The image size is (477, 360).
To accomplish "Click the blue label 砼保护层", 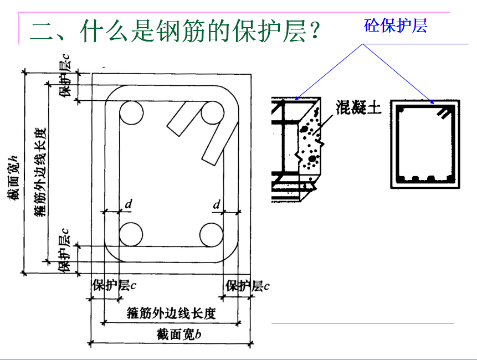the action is [x=396, y=25].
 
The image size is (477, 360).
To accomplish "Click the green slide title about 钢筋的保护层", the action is [x=175, y=32].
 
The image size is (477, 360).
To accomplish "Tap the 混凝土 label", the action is [x=358, y=107].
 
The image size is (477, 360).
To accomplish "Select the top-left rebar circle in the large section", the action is [x=131, y=113].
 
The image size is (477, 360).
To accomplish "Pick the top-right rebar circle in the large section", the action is [x=212, y=113].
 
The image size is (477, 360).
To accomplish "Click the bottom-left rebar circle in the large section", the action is [x=131, y=234].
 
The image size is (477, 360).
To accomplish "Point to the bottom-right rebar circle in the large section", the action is [x=212, y=234].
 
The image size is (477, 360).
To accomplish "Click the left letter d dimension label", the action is [x=129, y=204].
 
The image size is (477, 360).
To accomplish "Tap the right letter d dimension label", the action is [x=216, y=204].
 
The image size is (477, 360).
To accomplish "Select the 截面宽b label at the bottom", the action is [x=179, y=335].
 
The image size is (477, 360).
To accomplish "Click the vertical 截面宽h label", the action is [x=13, y=178].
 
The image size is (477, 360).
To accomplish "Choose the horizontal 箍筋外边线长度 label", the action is [x=171, y=313].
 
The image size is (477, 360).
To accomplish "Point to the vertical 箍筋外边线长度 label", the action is [x=40, y=172].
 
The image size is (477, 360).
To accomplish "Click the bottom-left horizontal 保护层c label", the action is [x=114, y=285].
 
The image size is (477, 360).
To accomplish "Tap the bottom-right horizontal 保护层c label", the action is [x=247, y=286].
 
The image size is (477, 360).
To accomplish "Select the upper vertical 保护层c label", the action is [x=65, y=76].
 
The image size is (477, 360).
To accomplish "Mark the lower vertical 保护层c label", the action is [x=64, y=250].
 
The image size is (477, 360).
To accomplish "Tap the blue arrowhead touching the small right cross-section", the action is [x=432, y=101].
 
